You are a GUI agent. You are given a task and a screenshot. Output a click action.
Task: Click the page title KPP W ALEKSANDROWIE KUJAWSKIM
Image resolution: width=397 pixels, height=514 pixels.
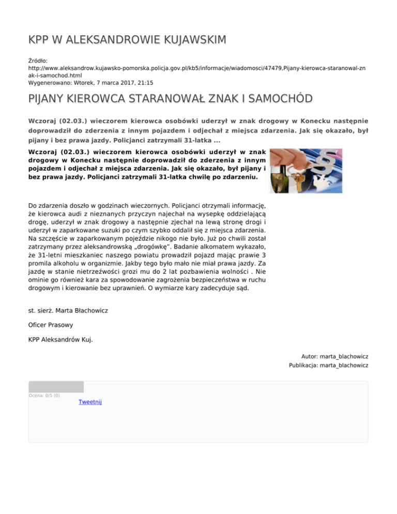[127, 40]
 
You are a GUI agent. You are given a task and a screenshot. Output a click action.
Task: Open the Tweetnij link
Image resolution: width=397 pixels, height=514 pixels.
[90, 402]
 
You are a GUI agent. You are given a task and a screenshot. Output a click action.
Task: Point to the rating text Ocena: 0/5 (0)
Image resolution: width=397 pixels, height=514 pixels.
[44, 396]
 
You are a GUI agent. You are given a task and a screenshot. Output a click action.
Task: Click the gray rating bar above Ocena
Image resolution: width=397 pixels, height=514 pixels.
[56, 387]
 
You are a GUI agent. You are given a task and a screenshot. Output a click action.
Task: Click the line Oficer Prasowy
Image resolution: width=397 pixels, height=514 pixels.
[50, 326]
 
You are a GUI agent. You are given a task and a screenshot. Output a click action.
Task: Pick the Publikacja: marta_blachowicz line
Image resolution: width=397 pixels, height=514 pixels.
[328, 366]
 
